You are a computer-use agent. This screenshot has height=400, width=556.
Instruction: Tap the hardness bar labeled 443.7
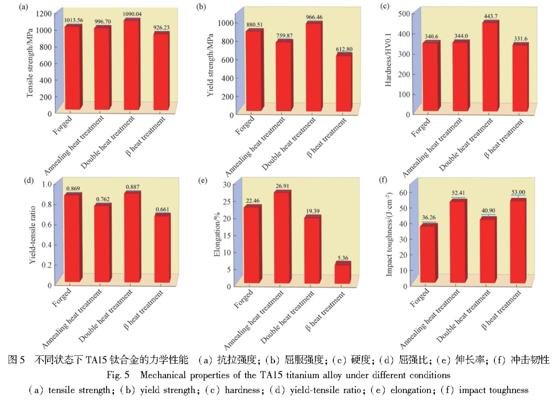tap(490, 66)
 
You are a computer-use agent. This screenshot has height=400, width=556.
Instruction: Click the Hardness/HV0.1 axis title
tap(388, 62)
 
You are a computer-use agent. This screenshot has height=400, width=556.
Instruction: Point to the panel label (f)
tap(385, 180)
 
